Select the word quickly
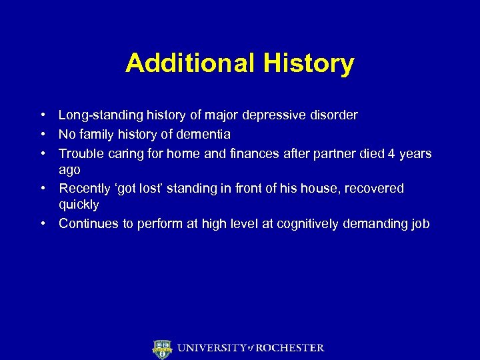click(x=79, y=205)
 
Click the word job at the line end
click(x=420, y=224)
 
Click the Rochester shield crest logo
click(x=162, y=349)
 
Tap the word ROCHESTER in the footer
click(x=289, y=348)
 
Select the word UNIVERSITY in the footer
click(x=210, y=348)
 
